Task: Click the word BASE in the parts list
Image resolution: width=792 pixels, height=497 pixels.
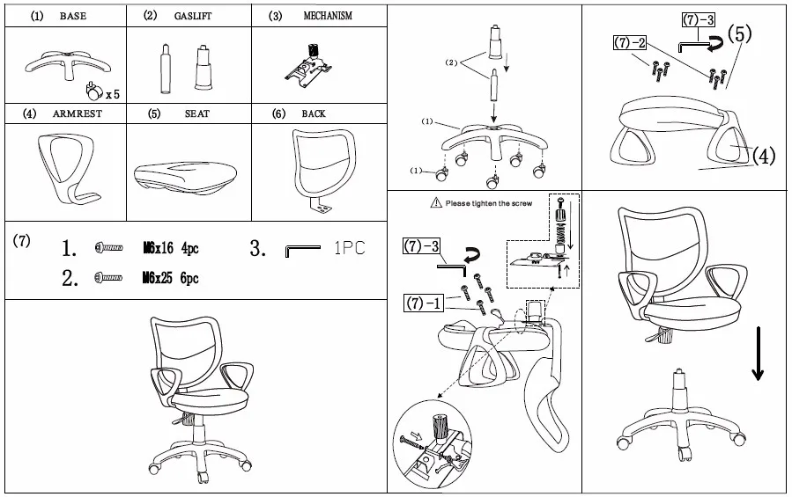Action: click(73, 17)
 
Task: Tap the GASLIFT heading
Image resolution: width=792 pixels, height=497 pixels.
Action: click(193, 17)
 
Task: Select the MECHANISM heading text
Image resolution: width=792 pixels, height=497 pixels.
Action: click(328, 16)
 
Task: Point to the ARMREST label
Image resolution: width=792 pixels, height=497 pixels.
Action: click(73, 114)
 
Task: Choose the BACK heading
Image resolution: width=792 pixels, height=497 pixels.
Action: click(314, 114)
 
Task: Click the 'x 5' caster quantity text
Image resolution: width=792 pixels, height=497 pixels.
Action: click(112, 93)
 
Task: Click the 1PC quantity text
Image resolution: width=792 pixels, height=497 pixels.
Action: click(349, 248)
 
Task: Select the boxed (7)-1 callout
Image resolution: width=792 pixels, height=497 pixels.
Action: click(422, 304)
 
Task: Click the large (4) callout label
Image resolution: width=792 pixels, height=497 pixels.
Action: click(763, 156)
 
